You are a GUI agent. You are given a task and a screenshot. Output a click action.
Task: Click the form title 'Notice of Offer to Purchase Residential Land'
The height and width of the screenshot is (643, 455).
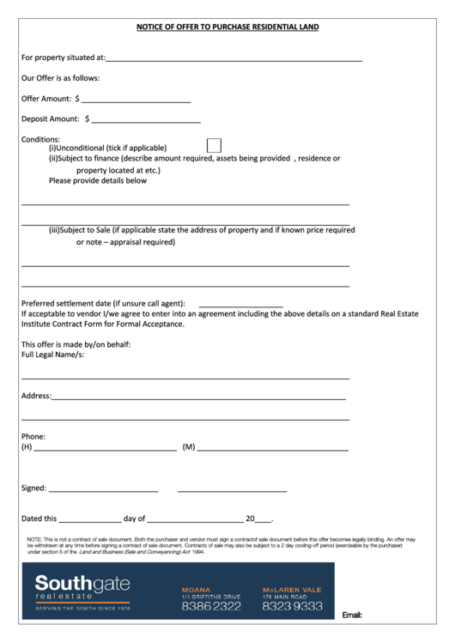tap(227, 27)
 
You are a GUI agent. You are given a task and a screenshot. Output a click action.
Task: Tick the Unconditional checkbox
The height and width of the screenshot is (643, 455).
tap(215, 146)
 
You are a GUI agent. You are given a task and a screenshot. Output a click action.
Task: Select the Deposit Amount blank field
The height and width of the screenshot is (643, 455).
tap(146, 120)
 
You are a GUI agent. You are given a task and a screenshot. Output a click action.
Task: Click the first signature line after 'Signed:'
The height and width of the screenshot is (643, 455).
tap(103, 489)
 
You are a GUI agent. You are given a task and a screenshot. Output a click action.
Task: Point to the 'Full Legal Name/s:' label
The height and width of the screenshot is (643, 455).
tap(53, 355)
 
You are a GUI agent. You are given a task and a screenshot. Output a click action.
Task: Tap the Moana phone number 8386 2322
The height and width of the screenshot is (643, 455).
tap(211, 606)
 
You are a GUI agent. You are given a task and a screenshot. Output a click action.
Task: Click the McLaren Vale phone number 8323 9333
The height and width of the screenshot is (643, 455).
tap(293, 606)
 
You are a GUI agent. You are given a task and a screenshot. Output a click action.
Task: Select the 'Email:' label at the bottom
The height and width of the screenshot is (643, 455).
tap(353, 616)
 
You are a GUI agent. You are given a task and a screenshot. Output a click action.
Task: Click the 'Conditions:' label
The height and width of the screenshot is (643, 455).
tap(40, 139)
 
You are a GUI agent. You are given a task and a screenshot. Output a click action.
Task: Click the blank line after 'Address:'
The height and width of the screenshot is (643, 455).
tap(198, 397)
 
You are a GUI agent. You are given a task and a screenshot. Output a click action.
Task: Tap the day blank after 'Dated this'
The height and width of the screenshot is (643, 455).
tap(90, 520)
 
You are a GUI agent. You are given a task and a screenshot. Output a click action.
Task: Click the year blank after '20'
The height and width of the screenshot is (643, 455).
tap(264, 520)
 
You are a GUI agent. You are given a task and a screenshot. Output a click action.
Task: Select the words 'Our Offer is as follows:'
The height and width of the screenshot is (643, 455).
tap(61, 78)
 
